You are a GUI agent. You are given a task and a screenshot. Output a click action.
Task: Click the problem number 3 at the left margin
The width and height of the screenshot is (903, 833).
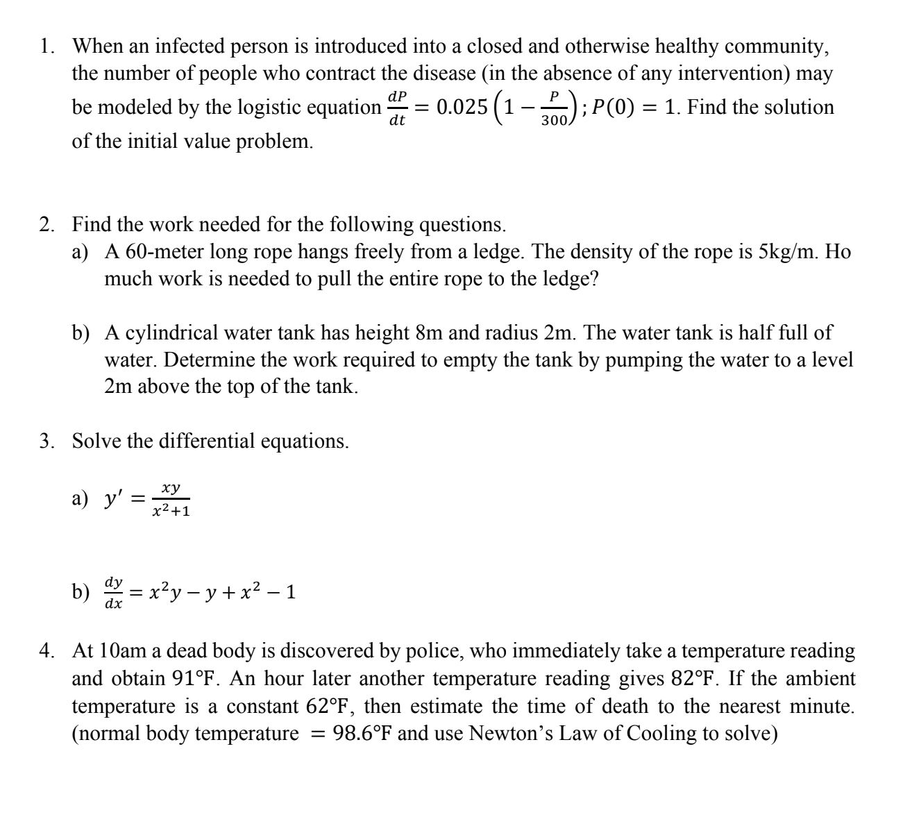tap(45, 441)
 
